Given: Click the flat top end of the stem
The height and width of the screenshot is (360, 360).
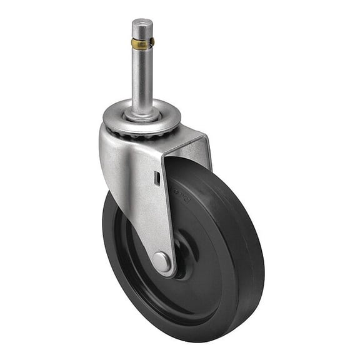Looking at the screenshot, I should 142,24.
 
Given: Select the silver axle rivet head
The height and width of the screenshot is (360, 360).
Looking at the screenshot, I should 161,261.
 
